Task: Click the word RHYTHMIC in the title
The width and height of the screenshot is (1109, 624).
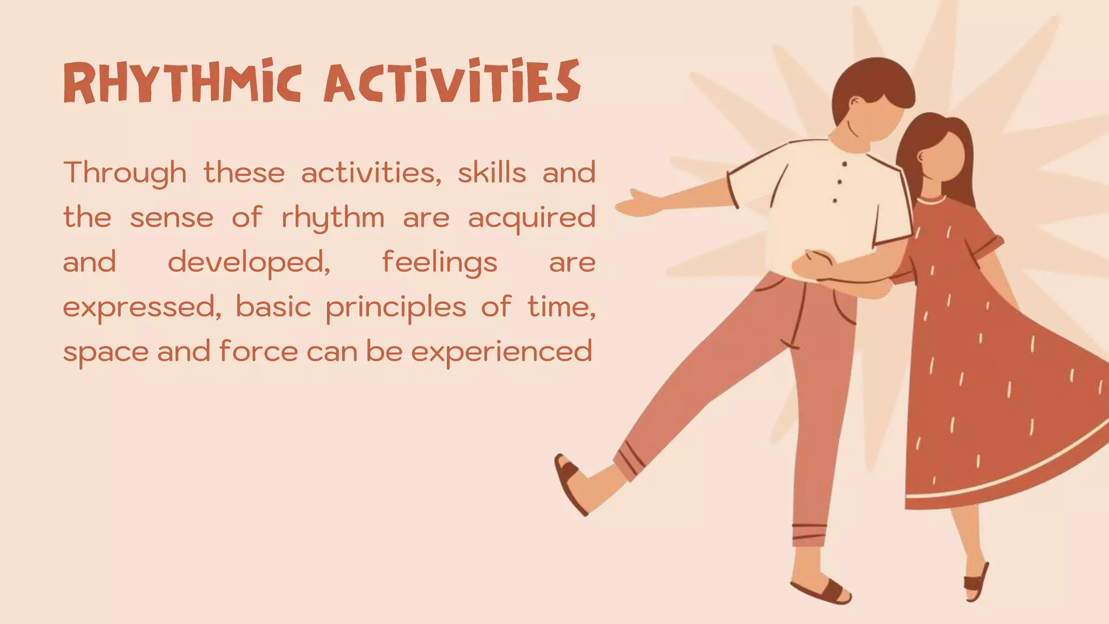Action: click(182, 82)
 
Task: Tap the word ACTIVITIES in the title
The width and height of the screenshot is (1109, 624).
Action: click(452, 82)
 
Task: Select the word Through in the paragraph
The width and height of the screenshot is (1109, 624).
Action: click(125, 173)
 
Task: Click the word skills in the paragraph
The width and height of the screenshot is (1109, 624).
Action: click(492, 173)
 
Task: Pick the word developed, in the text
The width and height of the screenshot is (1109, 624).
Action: click(249, 263)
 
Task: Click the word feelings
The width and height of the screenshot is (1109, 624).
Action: click(439, 263)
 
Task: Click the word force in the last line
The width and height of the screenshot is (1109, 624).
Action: click(258, 351)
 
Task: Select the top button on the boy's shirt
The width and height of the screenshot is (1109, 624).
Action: click(844, 164)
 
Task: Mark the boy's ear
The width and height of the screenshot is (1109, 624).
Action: click(855, 103)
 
